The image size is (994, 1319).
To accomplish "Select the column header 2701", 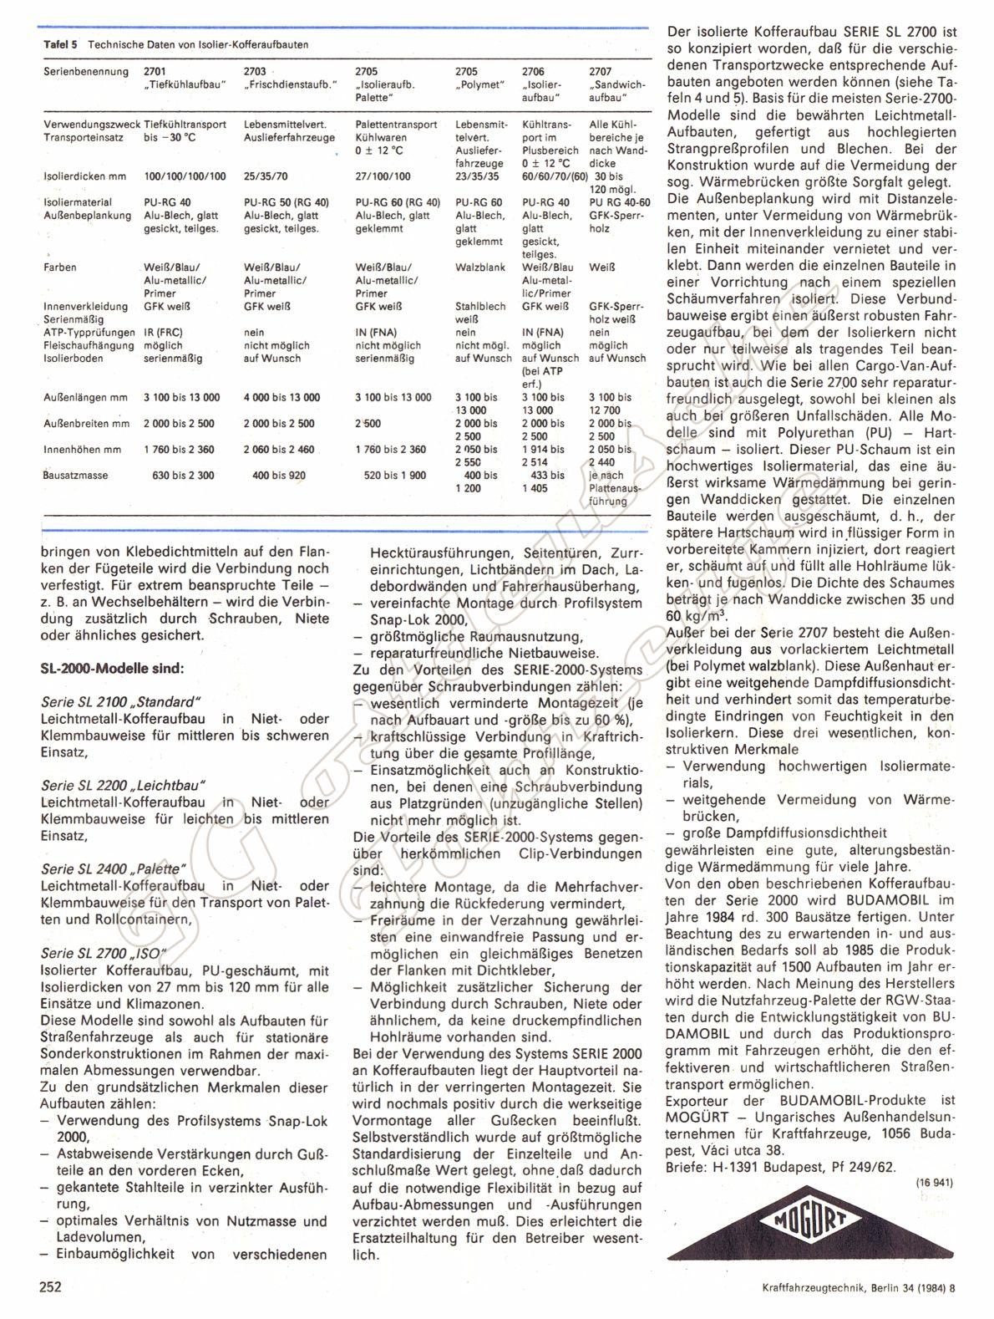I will click(155, 72).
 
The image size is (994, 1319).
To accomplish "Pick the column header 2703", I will click(255, 72).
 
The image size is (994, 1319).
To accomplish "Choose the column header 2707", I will click(600, 72).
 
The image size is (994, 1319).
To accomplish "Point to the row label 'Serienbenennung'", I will click(86, 72).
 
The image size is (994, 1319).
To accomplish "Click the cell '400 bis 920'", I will click(279, 476).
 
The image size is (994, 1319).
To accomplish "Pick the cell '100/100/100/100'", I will click(185, 176).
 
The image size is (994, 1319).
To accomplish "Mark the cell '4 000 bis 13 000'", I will click(279, 398).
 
